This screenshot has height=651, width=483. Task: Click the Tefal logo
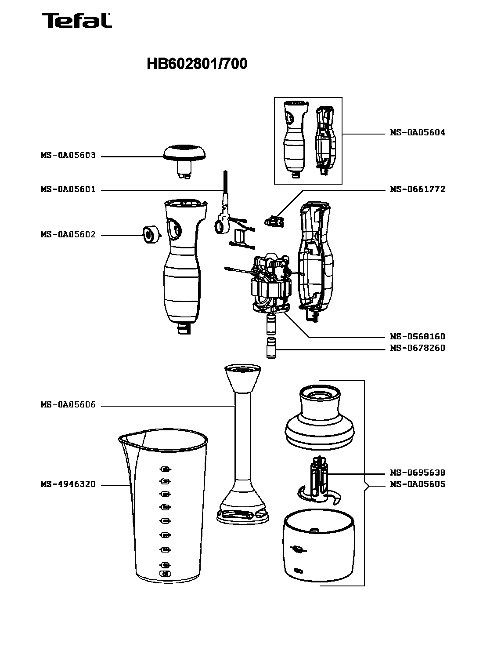pyautogui.click(x=77, y=21)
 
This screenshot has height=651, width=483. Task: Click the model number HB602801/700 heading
pyautogui.click(x=197, y=64)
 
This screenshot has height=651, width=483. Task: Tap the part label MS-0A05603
pyautogui.click(x=68, y=156)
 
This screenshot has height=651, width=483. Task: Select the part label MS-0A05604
pyautogui.click(x=417, y=133)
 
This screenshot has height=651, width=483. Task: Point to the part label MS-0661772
pyautogui.click(x=417, y=189)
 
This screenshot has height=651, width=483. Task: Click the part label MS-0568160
pyautogui.click(x=417, y=337)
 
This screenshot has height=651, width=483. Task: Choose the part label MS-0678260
pyautogui.click(x=417, y=348)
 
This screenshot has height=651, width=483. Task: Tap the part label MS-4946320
pyautogui.click(x=68, y=485)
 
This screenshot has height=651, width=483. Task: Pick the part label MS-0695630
pyautogui.click(x=417, y=473)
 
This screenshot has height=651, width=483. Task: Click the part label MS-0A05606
pyautogui.click(x=68, y=405)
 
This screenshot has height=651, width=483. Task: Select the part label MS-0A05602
pyautogui.click(x=68, y=235)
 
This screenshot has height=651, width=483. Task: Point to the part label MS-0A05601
pyautogui.click(x=68, y=190)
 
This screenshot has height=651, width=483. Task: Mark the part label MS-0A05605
pyautogui.click(x=417, y=484)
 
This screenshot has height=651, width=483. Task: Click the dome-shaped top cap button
pyautogui.click(x=184, y=152)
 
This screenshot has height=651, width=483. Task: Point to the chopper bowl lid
pyautogui.click(x=319, y=418)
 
